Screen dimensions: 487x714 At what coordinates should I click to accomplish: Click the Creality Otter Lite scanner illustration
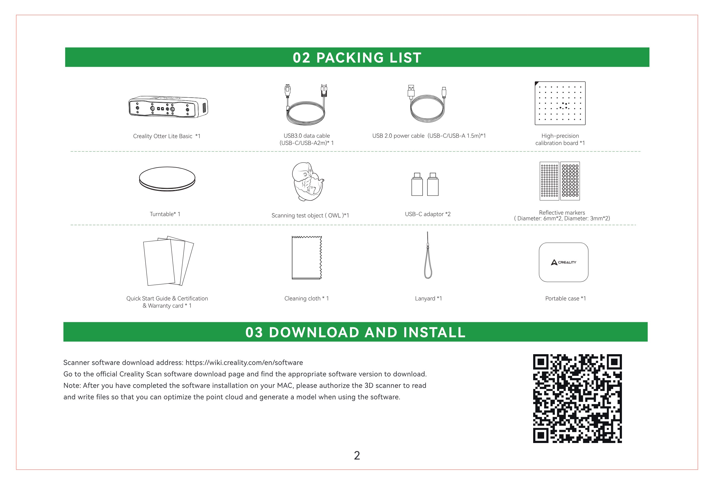[168, 107]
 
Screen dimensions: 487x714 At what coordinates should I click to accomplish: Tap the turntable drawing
[167, 179]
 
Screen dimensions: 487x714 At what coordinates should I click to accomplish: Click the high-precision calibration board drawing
[560, 103]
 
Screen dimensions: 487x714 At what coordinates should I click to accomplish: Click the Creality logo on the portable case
[563, 262]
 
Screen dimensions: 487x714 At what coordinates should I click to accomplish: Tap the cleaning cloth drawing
[306, 258]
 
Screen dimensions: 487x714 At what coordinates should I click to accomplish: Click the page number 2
[357, 455]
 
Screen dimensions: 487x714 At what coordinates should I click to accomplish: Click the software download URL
[244, 362]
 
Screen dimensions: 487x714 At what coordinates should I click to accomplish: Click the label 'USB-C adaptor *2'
[427, 214]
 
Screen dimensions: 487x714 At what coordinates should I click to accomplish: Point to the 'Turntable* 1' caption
[165, 214]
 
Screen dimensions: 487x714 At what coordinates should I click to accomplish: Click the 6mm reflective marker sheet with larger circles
[570, 181]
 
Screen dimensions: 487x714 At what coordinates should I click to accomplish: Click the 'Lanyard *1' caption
[428, 299]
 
